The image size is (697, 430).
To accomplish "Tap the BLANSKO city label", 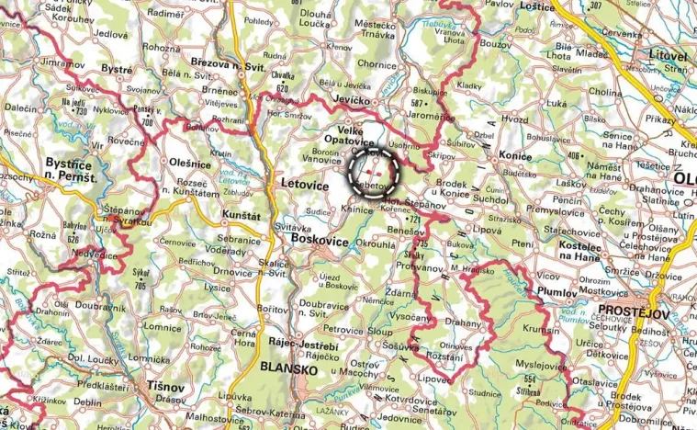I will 290,368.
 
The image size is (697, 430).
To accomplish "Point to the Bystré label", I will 118,70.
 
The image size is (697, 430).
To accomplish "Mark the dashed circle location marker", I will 374,170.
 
